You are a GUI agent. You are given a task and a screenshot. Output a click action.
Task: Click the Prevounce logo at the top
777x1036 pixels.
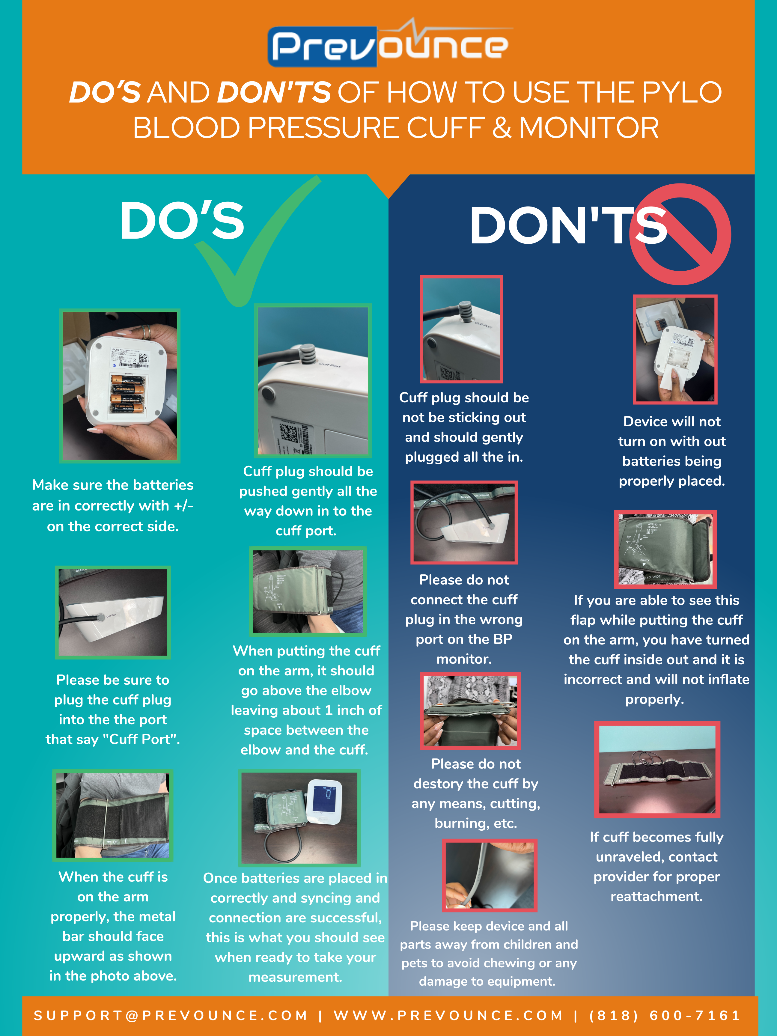tap(390, 43)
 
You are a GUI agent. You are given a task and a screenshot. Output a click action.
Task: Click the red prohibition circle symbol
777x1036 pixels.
tap(680, 234)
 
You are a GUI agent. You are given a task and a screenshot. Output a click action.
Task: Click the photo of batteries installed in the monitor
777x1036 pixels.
tap(120, 386)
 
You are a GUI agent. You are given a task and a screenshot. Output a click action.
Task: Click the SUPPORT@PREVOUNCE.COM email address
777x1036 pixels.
tap(171, 1015)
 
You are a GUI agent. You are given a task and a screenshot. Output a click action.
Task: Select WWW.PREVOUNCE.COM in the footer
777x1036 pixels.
tap(448, 1015)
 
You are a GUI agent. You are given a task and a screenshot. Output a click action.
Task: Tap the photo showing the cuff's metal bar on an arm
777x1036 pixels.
tap(113, 815)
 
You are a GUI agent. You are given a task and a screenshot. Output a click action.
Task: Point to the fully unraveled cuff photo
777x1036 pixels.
tap(657, 770)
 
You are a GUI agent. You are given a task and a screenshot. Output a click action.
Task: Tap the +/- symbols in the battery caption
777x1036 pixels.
tap(183, 505)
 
